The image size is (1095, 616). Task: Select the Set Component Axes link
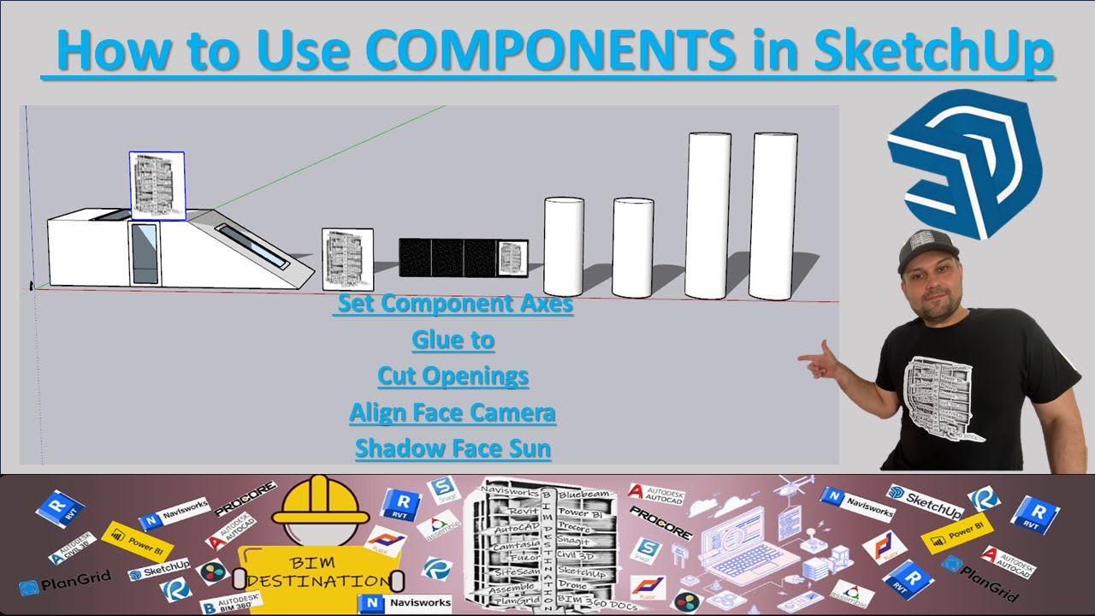453,304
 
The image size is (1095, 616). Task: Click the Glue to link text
453,340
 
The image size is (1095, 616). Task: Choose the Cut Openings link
453,376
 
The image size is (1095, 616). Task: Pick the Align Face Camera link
453,412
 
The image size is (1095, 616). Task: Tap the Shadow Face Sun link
453,447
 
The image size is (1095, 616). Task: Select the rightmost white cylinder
774,216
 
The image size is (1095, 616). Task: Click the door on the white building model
144,252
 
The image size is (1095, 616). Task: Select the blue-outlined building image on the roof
157,186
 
